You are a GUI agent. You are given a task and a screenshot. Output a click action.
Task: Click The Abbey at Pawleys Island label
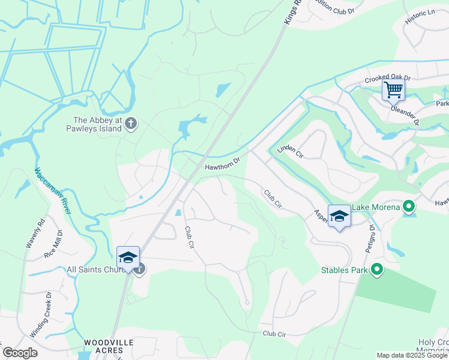coord(97,124)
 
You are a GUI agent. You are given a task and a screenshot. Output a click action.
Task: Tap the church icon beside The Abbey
coord(131,124)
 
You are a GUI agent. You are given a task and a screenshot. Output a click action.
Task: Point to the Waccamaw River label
coord(53,190)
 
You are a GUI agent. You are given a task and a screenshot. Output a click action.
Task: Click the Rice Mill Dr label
coord(53,244)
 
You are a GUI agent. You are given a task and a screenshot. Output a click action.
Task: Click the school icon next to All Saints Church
coord(128,259)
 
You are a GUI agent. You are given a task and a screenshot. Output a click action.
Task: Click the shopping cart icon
coord(393,91)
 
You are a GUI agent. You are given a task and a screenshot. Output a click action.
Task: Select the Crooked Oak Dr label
coord(388,79)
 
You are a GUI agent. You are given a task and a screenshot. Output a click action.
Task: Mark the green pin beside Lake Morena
coord(409,208)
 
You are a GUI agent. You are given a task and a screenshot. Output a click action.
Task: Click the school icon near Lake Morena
coord(339,217)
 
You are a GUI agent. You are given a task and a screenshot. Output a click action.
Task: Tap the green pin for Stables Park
coord(377,270)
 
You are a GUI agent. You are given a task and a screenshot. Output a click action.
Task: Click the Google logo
coord(20,353)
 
